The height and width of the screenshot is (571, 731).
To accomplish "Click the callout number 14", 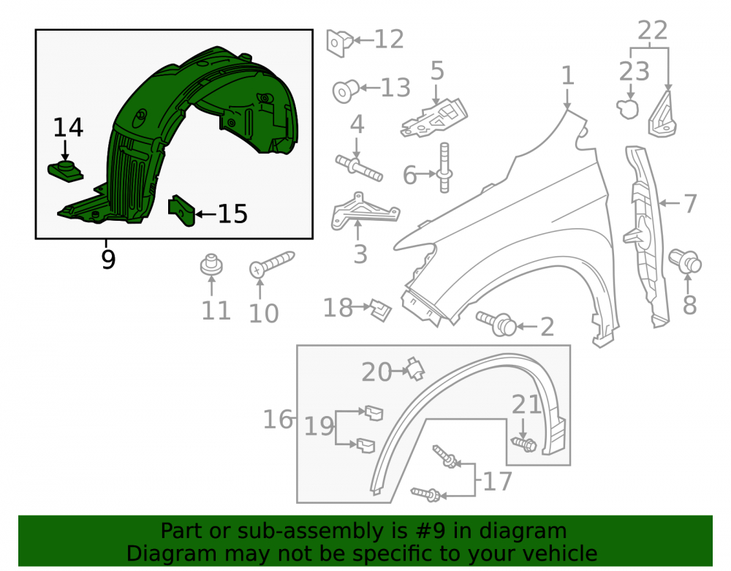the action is coord(68,128).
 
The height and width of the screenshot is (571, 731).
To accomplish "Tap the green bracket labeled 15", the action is coord(181,211).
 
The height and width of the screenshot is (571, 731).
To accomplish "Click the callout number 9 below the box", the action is coord(107,260).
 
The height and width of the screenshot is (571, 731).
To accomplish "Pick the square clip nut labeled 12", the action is coord(339,43).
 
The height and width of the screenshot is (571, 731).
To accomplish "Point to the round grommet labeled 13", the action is coord(346,91).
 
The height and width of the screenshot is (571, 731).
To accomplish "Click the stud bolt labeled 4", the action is coord(359,169).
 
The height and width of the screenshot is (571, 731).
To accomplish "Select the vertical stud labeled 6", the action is coord(444,168).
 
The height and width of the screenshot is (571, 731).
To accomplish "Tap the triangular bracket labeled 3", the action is coord(363,213).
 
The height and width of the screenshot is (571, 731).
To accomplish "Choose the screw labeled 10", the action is coord(271,264).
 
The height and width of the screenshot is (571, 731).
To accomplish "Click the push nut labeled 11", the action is coord(211,265).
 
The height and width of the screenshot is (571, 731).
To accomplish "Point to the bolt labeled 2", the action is coord(496,322).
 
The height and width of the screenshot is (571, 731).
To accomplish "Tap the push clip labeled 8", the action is coord(685,261).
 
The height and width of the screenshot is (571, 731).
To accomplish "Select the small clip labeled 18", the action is coord(380,310).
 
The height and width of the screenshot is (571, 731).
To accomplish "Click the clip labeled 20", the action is coord(414,368).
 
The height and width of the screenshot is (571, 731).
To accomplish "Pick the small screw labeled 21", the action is coord(524,444).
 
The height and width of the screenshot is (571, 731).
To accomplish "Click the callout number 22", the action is coord(652,31).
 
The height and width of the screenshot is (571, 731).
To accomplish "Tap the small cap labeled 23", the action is coord(627,109).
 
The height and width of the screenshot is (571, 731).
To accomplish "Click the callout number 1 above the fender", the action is coord(567,75).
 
